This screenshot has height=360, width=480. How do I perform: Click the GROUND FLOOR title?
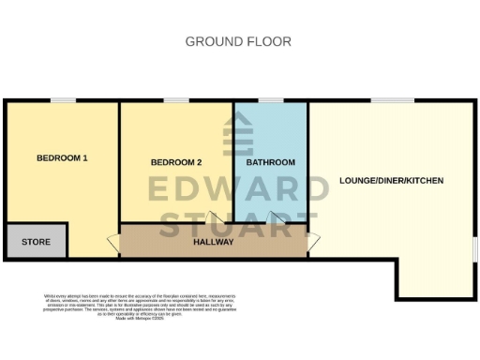click(238, 41)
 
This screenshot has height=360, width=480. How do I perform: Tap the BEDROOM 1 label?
click(62, 157)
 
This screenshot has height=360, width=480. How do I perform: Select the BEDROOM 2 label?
click(176, 162)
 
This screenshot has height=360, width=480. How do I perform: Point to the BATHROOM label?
click(270, 162)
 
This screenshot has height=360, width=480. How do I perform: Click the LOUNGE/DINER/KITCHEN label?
click(391, 180)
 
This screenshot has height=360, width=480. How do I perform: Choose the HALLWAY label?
click(213, 242)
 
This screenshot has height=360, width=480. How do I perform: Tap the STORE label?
click(36, 242)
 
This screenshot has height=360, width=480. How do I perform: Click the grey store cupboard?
click(36, 241)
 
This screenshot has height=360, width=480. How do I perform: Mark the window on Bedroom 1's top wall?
click(63, 100)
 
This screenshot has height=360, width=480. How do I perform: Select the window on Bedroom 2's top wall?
click(176, 100)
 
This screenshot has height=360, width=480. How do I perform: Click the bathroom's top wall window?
click(271, 100)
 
